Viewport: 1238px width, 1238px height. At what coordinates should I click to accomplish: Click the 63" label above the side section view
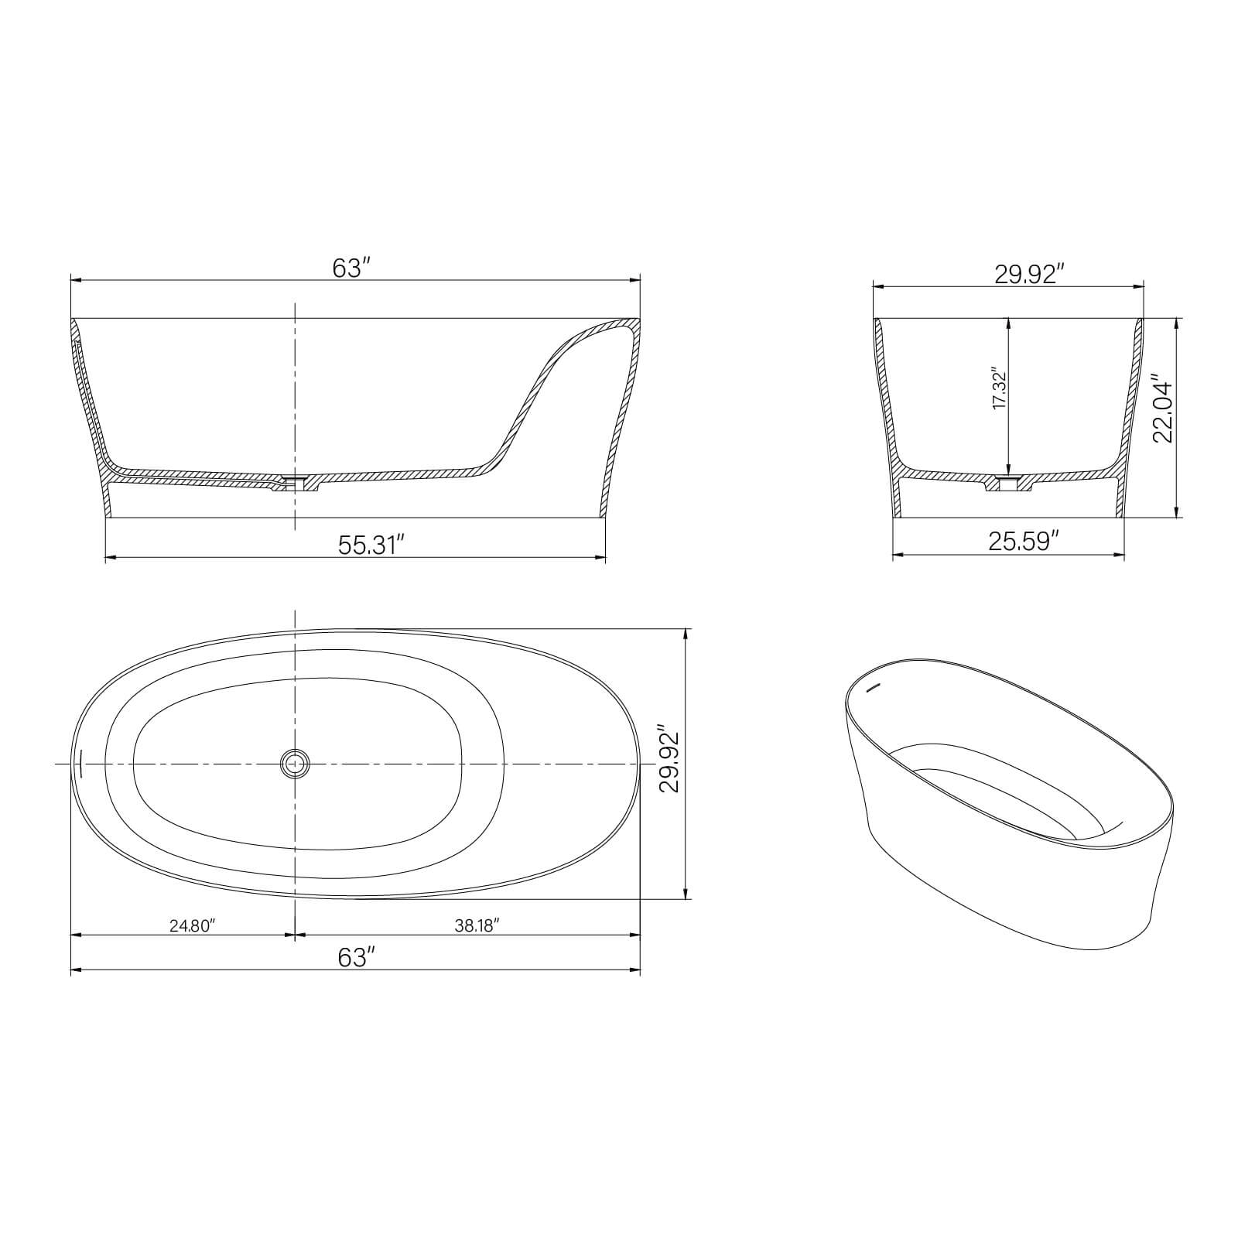coord(353,268)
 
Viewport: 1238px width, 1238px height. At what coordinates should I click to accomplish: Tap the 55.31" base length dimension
coord(371,545)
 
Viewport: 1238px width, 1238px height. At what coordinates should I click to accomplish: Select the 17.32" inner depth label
coord(999,390)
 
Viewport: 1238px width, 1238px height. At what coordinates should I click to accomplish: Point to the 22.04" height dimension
coord(1162,412)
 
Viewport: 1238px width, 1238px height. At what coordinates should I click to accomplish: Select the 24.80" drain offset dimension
coord(191,925)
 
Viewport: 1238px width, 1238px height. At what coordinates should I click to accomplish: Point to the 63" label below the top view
coord(356,958)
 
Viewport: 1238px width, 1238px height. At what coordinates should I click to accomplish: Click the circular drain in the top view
coord(294,764)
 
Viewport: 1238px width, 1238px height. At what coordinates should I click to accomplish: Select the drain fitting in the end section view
coord(1007,484)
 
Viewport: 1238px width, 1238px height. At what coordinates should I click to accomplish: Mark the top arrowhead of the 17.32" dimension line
coord(1007,322)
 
